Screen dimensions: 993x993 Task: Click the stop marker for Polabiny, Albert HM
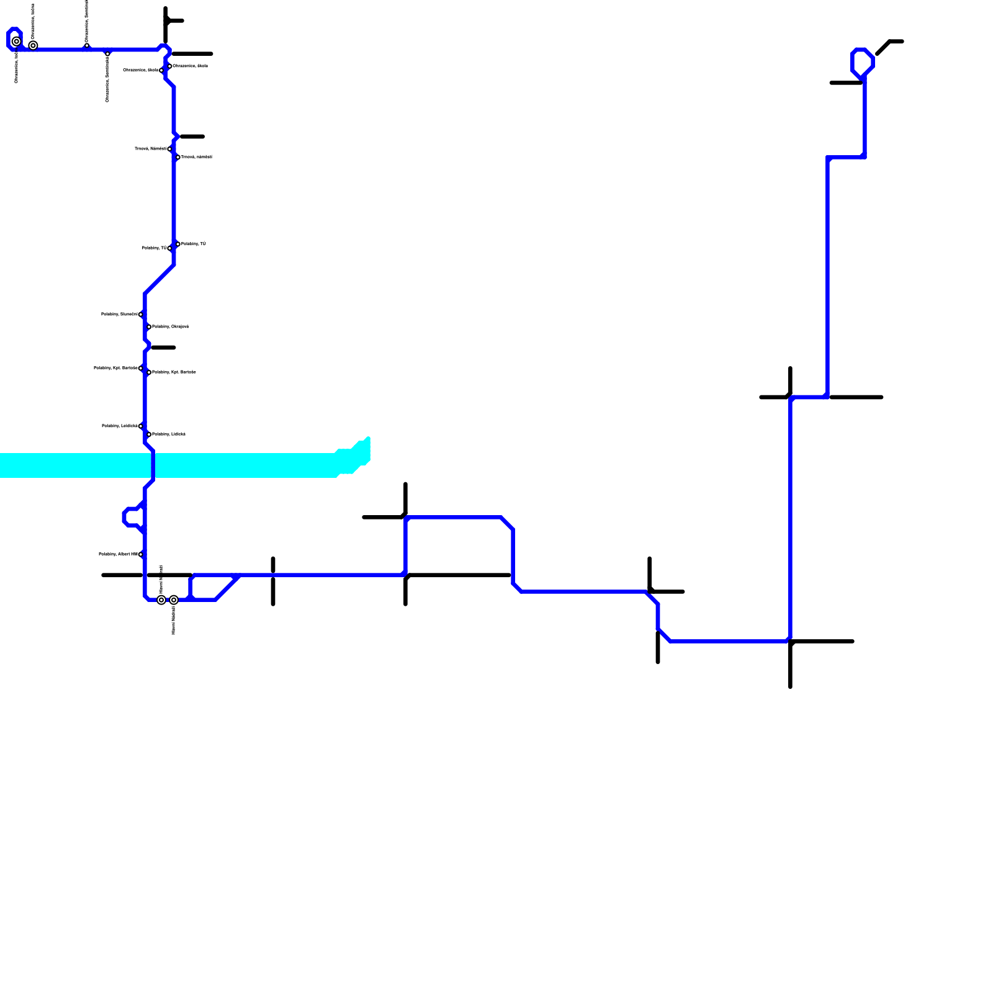(x=141, y=554)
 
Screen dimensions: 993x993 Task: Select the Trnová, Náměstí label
(x=150, y=149)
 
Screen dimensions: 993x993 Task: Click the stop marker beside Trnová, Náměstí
(x=169, y=149)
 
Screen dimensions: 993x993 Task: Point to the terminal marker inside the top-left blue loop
(x=17, y=42)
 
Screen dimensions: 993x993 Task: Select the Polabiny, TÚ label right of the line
(x=194, y=244)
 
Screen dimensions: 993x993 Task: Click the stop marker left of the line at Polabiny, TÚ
(x=169, y=248)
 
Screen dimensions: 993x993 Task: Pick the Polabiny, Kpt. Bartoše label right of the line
(x=174, y=372)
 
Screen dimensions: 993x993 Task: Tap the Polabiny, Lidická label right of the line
(x=169, y=434)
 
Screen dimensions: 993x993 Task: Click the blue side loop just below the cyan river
(x=132, y=517)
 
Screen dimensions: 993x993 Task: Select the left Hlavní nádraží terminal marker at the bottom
(x=161, y=600)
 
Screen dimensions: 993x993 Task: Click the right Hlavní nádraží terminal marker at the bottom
(x=174, y=600)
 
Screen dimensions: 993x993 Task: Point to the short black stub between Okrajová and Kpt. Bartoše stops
(x=164, y=348)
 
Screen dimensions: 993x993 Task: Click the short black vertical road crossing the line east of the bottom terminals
(x=273, y=581)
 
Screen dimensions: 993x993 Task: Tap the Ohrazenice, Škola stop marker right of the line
(x=169, y=66)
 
